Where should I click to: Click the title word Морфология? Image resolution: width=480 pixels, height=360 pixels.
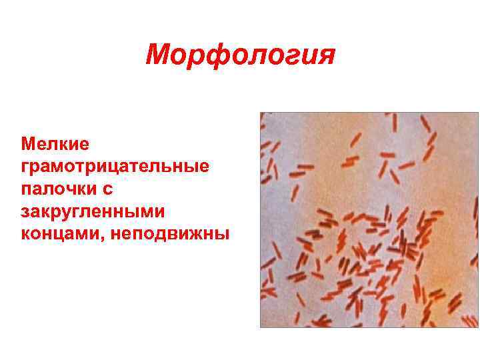click(x=240, y=55)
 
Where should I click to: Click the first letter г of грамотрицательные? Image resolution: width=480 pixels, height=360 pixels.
click(x=25, y=166)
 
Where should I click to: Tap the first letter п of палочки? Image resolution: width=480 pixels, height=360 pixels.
click(x=26, y=189)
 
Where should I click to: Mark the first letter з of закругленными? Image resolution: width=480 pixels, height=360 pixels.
click(x=25, y=212)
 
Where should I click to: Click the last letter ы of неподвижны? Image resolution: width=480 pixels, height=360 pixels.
click(x=223, y=235)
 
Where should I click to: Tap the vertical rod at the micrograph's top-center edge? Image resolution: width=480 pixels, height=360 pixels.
click(x=395, y=123)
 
